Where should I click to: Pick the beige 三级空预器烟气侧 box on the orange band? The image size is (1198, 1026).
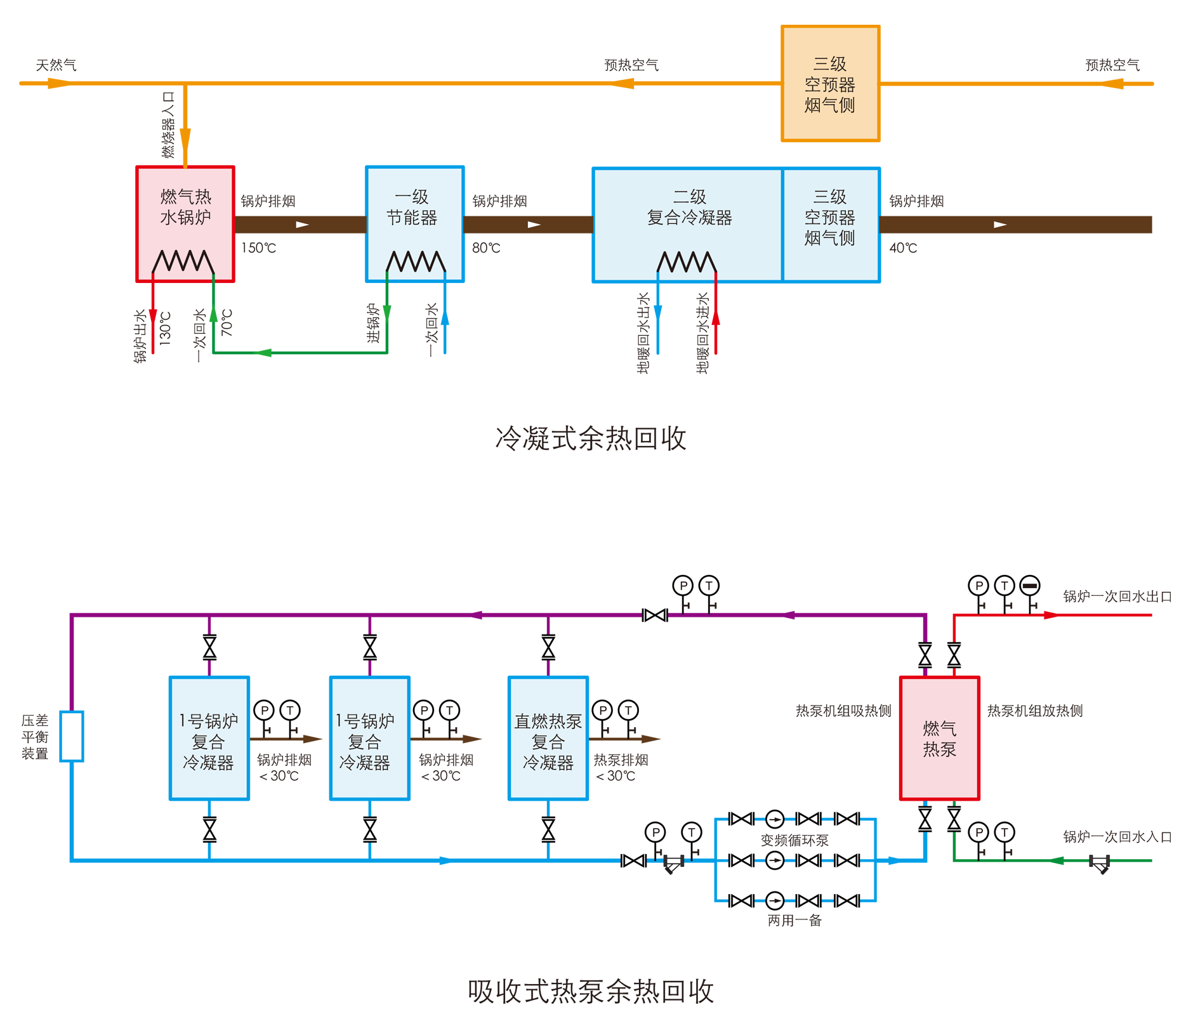point(830,83)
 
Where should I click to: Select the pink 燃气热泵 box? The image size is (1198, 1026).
point(939,738)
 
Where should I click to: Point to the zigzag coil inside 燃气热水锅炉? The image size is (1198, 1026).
point(183,261)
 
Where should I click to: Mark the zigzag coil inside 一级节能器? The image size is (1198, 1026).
point(416,261)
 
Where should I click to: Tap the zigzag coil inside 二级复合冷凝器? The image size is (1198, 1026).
point(687,262)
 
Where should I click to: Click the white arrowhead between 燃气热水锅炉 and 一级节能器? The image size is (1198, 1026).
point(302,225)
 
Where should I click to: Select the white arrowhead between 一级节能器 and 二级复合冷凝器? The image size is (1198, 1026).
point(534,225)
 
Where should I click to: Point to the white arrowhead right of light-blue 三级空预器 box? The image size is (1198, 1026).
point(1000,225)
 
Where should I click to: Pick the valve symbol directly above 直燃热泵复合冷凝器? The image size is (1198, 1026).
point(548,648)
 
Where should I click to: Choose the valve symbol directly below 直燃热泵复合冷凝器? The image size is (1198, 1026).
point(548,829)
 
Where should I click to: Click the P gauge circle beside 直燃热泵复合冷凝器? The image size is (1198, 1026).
point(603,710)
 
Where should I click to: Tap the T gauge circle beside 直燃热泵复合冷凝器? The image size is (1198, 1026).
point(628,710)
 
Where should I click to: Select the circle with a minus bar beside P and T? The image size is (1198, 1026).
point(1030,586)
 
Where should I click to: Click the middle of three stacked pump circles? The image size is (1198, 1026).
point(775,860)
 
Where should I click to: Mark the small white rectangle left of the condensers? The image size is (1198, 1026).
point(72,736)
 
